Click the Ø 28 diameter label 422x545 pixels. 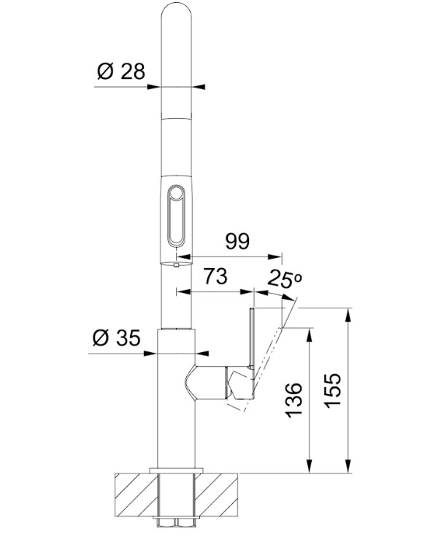pos(120,72)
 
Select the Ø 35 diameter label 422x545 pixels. pos(116,338)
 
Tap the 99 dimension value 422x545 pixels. pos(237,241)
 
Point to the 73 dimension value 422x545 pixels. pos(215,276)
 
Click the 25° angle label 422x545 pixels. pos(285,279)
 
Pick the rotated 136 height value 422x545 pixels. pos(293,400)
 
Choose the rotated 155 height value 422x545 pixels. pos(333,390)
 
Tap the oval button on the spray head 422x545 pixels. pos(177,215)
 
